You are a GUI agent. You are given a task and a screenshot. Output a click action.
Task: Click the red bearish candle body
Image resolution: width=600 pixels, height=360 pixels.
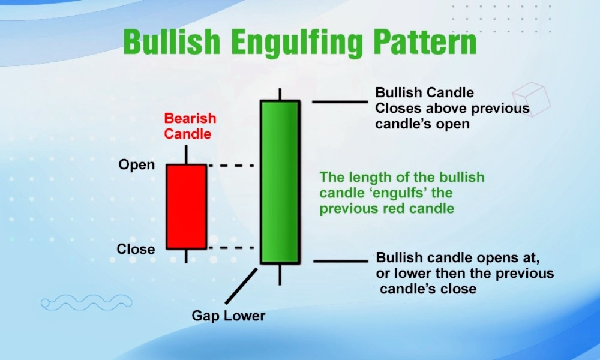tap(187, 207)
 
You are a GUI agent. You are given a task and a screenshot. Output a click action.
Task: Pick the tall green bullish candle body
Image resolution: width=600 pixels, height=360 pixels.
tap(280, 182)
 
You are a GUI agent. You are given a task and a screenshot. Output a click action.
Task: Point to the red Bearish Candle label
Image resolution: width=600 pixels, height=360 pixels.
tap(190, 126)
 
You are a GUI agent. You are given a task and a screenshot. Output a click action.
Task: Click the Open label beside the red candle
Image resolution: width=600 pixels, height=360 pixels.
tap(137, 165)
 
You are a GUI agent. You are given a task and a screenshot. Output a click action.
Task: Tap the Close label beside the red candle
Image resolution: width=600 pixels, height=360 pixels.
tap(136, 249)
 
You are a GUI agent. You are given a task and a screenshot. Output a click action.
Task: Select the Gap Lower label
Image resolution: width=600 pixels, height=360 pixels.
tap(229, 316)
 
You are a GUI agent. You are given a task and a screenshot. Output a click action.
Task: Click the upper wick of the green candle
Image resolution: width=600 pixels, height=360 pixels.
tap(280, 94)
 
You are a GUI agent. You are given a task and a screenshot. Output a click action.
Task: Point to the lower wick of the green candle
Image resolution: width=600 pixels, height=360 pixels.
tap(280, 275)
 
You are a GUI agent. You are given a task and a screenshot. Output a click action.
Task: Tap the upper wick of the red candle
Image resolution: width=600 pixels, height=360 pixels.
tap(187, 155)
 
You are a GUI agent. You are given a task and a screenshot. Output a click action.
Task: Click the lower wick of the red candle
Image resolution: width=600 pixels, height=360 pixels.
tap(187, 256)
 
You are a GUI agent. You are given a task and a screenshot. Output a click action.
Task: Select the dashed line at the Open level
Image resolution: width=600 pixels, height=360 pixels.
tap(231, 166)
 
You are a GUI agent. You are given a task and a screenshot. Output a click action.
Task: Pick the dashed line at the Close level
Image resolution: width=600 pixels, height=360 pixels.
tap(231, 248)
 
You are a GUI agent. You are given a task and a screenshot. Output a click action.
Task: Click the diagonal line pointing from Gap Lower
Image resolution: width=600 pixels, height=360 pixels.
tap(241, 286)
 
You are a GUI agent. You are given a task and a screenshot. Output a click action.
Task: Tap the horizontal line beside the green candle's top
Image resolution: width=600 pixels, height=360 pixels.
tap(340, 102)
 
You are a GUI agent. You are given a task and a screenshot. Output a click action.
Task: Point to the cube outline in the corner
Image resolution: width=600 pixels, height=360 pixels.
tap(532, 99)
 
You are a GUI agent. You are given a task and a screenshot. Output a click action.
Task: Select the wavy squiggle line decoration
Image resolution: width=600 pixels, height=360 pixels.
tap(86, 302)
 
